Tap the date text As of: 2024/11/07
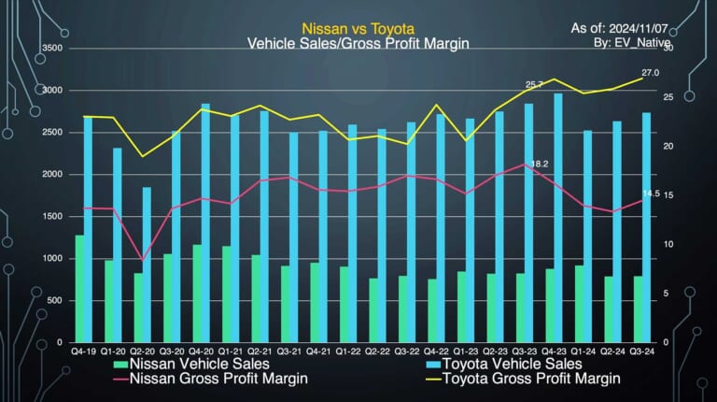coord(620,28)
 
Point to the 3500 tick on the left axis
coord(52,48)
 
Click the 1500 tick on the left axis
coord(52,216)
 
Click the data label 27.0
coord(650,73)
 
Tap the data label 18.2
coord(540,164)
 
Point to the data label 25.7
coord(534,85)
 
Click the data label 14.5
coord(651,194)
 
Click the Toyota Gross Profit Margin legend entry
coord(523,379)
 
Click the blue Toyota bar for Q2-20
coord(147,265)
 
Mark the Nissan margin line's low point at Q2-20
coord(142,260)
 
